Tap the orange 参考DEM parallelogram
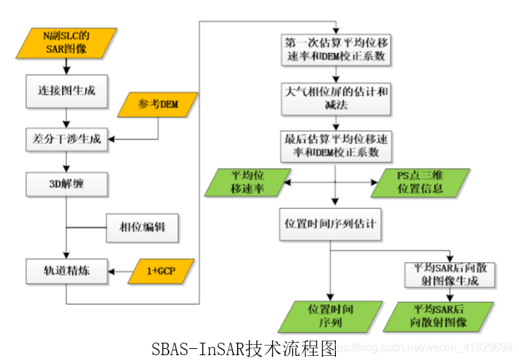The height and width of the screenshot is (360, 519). tap(158, 104)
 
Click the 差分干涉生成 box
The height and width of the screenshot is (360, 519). tap(66, 139)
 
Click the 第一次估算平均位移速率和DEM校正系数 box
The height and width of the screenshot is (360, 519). tap(334, 50)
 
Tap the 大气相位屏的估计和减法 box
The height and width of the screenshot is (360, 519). tap(334, 98)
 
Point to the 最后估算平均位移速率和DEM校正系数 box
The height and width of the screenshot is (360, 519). tap(334, 145)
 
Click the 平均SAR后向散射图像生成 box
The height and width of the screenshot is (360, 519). tap(450, 274)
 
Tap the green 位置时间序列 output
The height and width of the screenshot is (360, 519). tap(330, 316)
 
